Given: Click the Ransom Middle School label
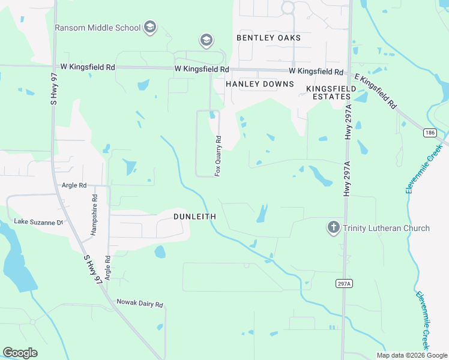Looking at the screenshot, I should click(97, 28).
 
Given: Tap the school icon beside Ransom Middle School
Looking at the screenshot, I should click(149, 27).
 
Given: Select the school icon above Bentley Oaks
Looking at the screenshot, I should click(206, 40).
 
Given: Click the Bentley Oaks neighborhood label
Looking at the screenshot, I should click(268, 38).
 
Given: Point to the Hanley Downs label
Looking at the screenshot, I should click(259, 84).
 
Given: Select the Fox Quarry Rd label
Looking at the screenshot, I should click(218, 155).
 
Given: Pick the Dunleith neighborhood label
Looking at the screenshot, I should click(194, 216).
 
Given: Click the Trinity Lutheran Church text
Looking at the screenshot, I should click(387, 228).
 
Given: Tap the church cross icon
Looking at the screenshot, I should click(333, 227).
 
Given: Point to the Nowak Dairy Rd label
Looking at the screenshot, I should click(140, 304).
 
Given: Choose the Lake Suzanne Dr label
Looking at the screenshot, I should click(38, 222).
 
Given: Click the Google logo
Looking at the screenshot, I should click(20, 353).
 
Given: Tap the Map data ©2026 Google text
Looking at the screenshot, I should click(411, 355).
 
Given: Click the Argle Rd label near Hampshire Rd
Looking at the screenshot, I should click(74, 185).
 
